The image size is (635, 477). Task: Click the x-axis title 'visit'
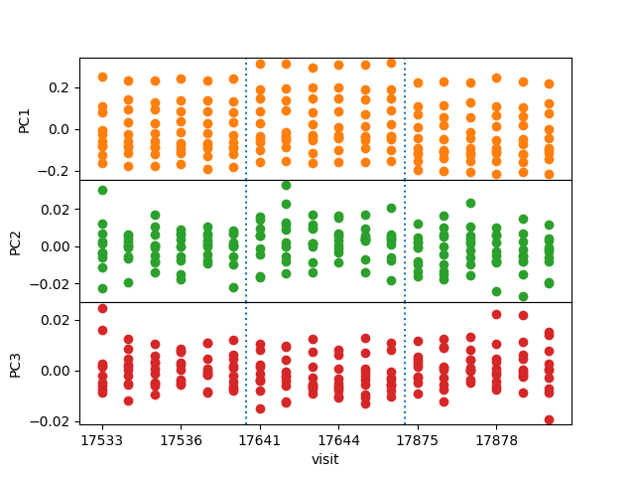(325, 459)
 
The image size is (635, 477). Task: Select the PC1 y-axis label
(25, 118)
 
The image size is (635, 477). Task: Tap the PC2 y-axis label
(16, 240)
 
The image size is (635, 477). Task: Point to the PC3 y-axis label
(16, 363)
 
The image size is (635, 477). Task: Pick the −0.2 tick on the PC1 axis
(55, 171)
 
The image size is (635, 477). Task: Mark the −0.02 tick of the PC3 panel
(52, 421)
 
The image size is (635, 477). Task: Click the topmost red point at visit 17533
(102, 309)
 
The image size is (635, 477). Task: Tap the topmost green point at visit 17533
(102, 190)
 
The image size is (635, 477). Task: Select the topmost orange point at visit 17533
(102, 77)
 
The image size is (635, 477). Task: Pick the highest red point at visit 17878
(496, 314)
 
